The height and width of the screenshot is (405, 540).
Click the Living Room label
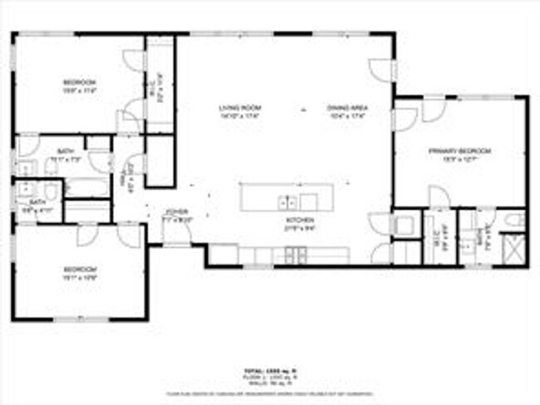coord(240,109)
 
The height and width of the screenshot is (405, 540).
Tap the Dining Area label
coord(347,109)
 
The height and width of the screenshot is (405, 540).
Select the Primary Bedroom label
coord(459,151)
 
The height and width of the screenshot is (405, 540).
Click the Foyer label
coord(176,212)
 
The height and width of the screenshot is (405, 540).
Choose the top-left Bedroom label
coord(80,81)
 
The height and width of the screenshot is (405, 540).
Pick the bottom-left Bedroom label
coord(80,269)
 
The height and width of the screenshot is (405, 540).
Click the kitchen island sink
coord(287,201)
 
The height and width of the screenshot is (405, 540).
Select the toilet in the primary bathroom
coord(513,220)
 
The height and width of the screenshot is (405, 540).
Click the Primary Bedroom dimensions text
coord(459,158)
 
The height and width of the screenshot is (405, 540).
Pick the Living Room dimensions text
coord(240,115)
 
